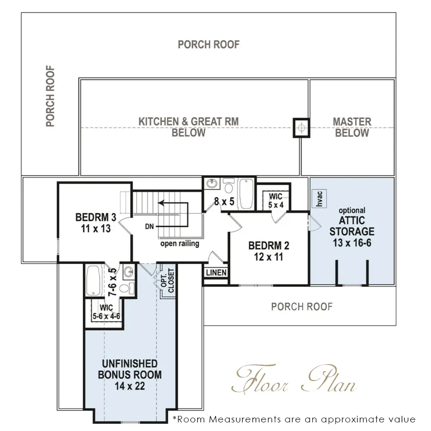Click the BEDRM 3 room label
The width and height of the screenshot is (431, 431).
point(96,223)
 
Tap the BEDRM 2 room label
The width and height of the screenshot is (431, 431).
point(269,251)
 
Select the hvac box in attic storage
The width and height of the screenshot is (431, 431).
point(319,198)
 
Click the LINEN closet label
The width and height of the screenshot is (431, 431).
point(216,272)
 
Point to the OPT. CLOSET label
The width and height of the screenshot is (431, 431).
point(167,281)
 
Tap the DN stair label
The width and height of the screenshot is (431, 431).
point(149,227)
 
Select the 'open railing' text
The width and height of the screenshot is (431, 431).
point(180,244)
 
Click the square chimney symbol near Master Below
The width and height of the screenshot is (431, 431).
point(301,128)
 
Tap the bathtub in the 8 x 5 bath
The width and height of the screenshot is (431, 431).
point(247,194)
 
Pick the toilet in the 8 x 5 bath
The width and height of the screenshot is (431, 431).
point(228,186)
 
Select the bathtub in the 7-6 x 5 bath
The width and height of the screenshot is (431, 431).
point(93,281)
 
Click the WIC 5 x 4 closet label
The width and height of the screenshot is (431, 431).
point(276,201)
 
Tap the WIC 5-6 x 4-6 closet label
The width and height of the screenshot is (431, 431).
point(106,312)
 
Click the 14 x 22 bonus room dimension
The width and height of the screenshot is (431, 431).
point(130,386)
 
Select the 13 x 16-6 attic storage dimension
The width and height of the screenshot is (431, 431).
point(352,243)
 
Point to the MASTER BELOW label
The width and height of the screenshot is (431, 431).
point(352,127)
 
